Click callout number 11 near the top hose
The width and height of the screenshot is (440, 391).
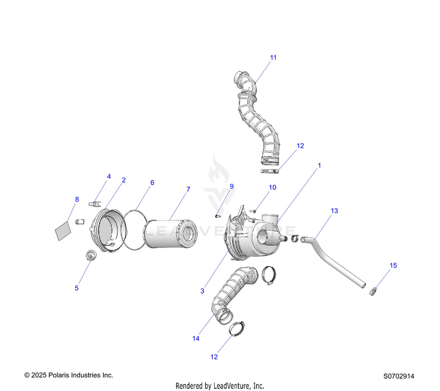[x=273, y=57]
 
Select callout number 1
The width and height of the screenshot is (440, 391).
[x=320, y=166]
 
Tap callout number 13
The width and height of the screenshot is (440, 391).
[x=334, y=210]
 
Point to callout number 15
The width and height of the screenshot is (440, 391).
[x=393, y=266]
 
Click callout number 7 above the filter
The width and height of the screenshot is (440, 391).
[x=188, y=189]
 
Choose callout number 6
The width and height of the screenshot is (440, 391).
[x=152, y=182]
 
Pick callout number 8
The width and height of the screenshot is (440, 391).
[x=76, y=199]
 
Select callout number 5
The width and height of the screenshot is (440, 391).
[x=76, y=288]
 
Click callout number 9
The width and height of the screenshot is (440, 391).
[x=231, y=186]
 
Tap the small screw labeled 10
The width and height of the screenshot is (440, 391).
[x=252, y=210]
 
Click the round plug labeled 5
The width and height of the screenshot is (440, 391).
[x=90, y=255]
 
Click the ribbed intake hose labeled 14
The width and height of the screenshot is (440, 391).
[x=231, y=293]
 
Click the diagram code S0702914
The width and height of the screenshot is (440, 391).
[x=399, y=376]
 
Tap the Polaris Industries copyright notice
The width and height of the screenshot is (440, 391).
[x=68, y=375]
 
